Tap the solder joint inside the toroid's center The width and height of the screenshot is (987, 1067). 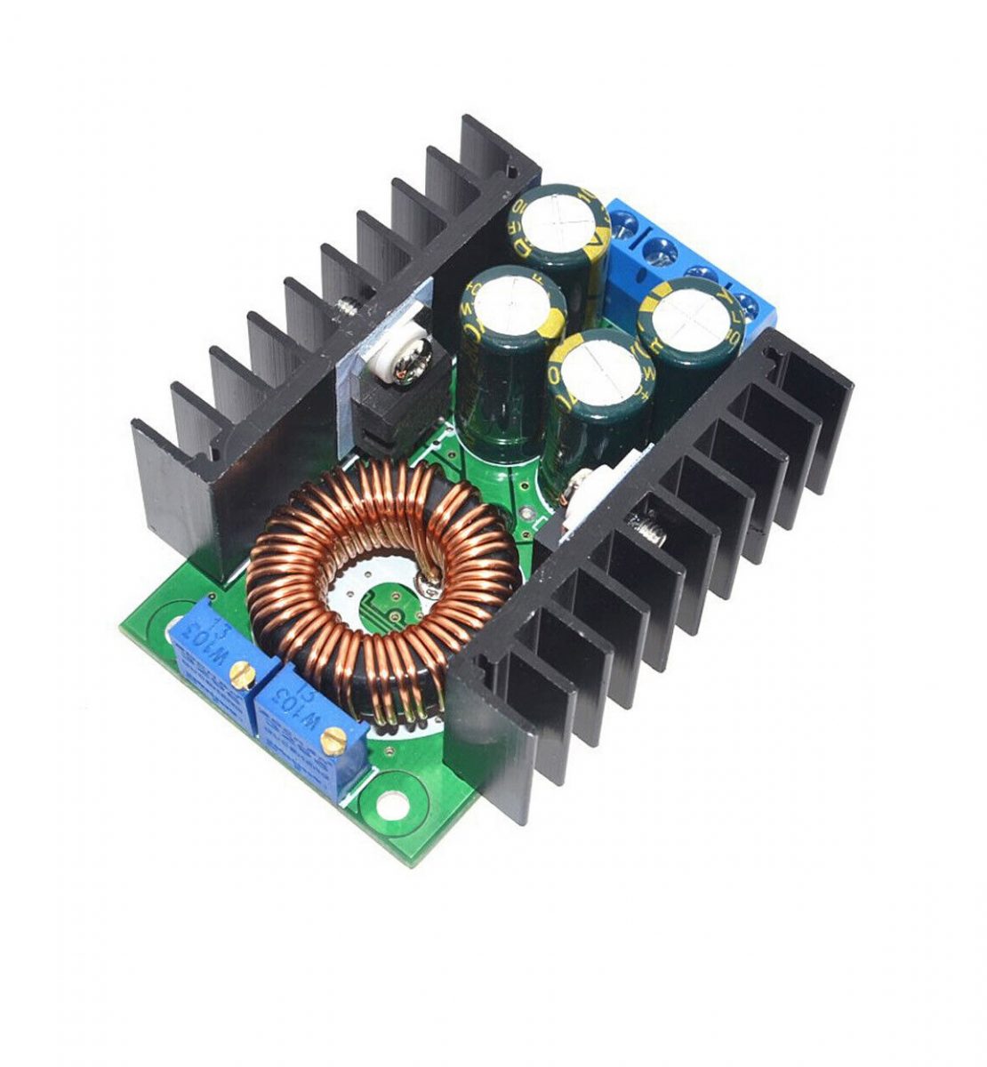pos(429,583)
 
